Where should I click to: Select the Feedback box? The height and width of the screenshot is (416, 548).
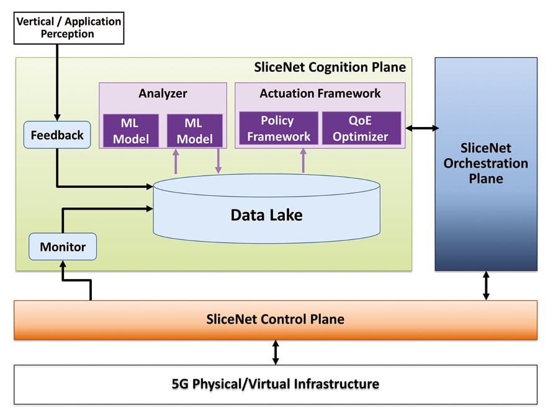point(57,135)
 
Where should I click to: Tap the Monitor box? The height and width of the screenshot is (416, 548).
point(63,247)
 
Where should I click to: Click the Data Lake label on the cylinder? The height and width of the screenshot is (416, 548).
point(266,215)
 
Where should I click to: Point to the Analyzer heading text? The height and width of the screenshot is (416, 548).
point(163,94)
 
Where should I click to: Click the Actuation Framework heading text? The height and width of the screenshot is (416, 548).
point(320,94)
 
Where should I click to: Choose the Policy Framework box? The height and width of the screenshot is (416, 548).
point(277,128)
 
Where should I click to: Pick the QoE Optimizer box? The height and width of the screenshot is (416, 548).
point(361,128)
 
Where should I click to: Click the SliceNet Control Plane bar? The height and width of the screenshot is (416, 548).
point(275,320)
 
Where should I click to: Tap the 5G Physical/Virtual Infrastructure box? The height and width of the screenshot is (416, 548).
point(275,384)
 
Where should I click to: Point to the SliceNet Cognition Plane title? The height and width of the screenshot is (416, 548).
point(330,67)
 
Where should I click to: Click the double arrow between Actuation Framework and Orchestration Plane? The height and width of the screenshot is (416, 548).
point(421,128)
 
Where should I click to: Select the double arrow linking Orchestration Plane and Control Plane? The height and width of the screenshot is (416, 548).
point(486,286)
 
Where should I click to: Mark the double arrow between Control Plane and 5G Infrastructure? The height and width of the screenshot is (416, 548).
point(276,352)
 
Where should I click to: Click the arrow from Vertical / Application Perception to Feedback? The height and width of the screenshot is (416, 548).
point(57,81)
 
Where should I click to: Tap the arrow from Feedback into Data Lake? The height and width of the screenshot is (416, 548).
point(99,185)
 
